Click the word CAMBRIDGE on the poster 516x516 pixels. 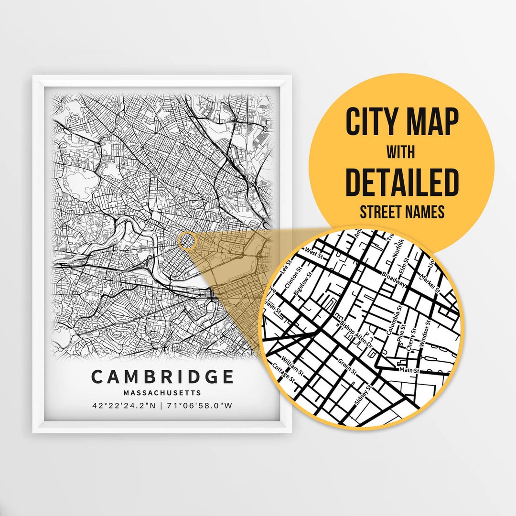tap(162, 377)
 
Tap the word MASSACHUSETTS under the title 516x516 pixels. tap(162, 393)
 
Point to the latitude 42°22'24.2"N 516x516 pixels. tap(124, 406)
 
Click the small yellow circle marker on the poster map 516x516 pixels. tap(187, 240)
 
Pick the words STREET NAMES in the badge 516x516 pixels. tap(402, 211)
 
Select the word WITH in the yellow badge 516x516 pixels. tap(401, 152)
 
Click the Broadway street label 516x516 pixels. tap(394, 280)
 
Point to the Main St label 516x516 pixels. tap(409, 370)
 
